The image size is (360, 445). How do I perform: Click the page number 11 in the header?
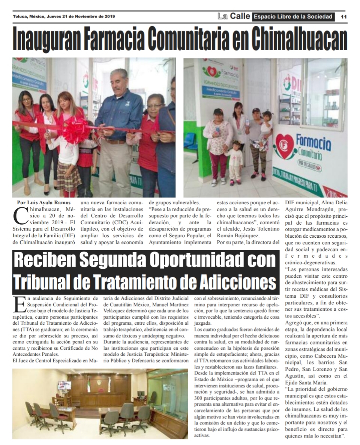point(343,16)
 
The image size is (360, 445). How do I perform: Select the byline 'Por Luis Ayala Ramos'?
point(43,203)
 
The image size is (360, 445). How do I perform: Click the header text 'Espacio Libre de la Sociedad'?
point(293,16)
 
